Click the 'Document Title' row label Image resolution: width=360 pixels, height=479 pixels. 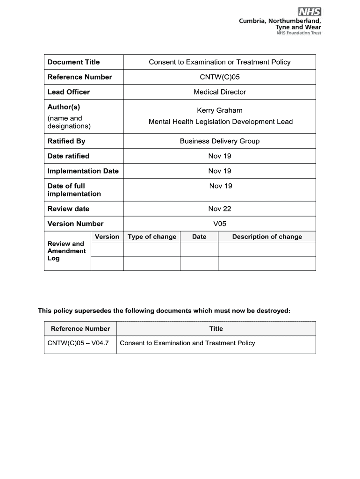click(73, 62)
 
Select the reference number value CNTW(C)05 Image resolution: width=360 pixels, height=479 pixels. click(220, 77)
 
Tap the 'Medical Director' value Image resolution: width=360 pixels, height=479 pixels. click(220, 92)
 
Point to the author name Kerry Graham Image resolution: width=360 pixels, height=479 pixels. click(220, 110)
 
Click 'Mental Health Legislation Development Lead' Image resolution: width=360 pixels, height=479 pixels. click(220, 122)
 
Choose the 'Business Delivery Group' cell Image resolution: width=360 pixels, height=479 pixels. click(220, 141)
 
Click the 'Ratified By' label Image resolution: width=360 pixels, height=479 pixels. click(66, 141)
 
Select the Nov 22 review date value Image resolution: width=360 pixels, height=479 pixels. click(220, 209)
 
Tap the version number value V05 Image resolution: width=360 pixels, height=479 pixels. click(220, 224)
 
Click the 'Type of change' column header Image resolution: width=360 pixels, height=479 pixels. click(152, 237)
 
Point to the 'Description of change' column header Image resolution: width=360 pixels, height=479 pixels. click(267, 237)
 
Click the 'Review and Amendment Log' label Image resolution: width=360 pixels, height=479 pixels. click(66, 251)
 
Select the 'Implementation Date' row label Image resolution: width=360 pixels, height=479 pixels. click(83, 171)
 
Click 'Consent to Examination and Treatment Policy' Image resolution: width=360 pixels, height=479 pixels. click(187, 343)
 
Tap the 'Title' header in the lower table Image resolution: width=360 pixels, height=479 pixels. click(216, 329)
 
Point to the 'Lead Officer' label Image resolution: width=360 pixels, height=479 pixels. click(69, 92)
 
